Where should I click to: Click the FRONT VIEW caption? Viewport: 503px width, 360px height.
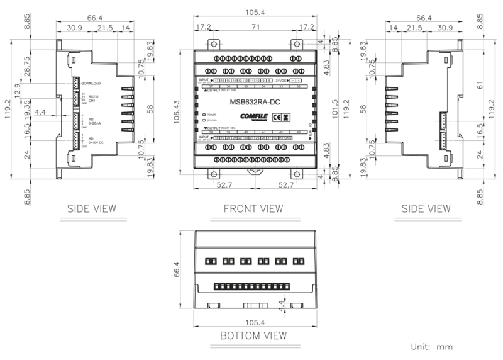[x=253, y=208]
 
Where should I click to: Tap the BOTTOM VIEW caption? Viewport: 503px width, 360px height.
[x=253, y=335]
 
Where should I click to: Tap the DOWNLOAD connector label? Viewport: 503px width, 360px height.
[x=91, y=83]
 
